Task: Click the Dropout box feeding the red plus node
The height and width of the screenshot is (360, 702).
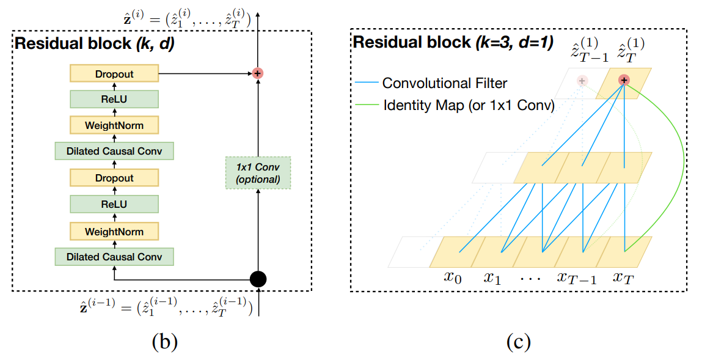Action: pyautogui.click(x=114, y=74)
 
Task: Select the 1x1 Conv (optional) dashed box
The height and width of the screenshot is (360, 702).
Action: pyautogui.click(x=257, y=173)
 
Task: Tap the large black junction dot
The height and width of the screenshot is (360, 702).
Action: pyautogui.click(x=258, y=279)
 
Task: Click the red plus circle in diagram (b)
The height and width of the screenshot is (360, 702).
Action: pyautogui.click(x=258, y=73)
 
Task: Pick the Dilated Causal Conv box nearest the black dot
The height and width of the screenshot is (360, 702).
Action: pyautogui.click(x=114, y=257)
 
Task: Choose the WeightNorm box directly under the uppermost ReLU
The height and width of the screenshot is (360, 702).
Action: pyautogui.click(x=114, y=125)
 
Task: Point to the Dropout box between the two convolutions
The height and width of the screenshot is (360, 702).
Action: pyautogui.click(x=114, y=178)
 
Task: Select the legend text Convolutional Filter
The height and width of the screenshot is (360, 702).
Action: pyautogui.click(x=444, y=83)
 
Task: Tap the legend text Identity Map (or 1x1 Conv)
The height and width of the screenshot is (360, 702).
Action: pyautogui.click(x=469, y=105)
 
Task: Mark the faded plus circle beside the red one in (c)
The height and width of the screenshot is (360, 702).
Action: pyautogui.click(x=582, y=80)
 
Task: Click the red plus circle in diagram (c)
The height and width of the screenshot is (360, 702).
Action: pyautogui.click(x=624, y=80)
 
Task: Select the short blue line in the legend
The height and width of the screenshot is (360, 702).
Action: pyautogui.click(x=367, y=83)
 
